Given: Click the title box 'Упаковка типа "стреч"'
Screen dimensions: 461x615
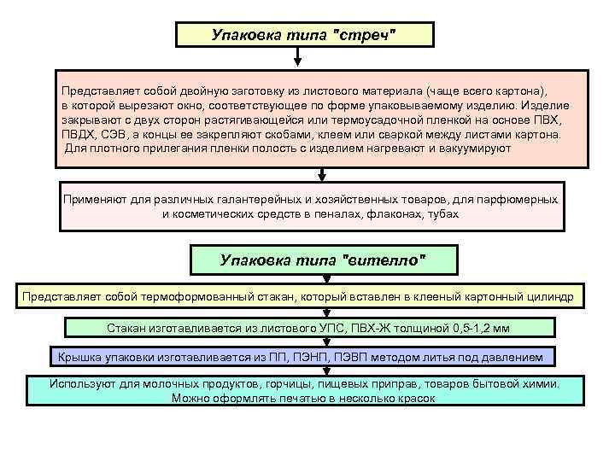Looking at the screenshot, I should click(x=305, y=35).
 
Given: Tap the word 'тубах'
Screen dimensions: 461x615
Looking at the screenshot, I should click(x=442, y=213).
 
